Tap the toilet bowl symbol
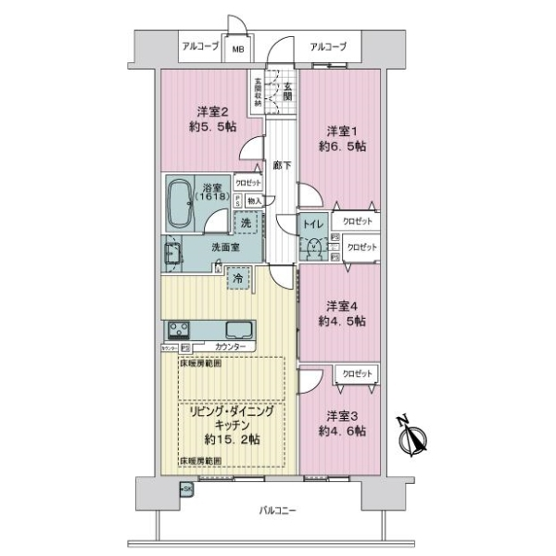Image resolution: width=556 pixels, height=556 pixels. coord(315,246)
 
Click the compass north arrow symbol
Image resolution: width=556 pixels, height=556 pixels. coord(411,438)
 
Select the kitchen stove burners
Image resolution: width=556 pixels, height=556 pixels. coord(179,329)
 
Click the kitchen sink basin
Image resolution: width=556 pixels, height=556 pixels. coord(237,329)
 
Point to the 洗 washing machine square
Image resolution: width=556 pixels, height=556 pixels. coord(246,222)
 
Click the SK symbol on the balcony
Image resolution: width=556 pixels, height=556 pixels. coord(185,488)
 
